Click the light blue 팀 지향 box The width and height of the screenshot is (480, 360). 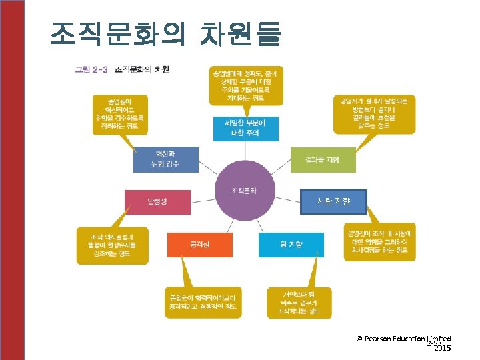291,245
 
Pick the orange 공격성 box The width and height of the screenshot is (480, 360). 199,245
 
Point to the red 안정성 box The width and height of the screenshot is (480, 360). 157,202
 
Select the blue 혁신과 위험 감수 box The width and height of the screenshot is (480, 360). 166,159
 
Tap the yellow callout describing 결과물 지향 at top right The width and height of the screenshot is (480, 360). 374,114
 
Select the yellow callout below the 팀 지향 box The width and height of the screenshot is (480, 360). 299,302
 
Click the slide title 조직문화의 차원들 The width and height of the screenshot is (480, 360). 165,33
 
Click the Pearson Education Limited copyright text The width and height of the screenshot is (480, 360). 403,339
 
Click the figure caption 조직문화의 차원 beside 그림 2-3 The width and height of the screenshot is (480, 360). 142,69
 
